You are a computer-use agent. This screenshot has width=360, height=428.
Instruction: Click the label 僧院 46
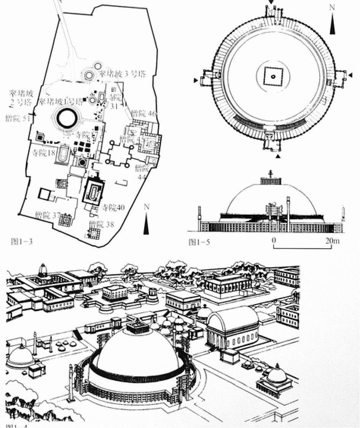144,113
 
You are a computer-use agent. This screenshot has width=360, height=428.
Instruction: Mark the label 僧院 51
18,118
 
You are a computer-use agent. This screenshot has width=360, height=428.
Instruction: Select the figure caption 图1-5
199,242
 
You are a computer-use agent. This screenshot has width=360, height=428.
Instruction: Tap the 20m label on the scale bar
331,241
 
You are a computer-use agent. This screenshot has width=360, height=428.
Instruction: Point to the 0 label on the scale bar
274,241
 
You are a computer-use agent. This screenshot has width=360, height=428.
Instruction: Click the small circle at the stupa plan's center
273,76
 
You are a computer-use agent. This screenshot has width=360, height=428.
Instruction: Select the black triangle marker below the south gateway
278,156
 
